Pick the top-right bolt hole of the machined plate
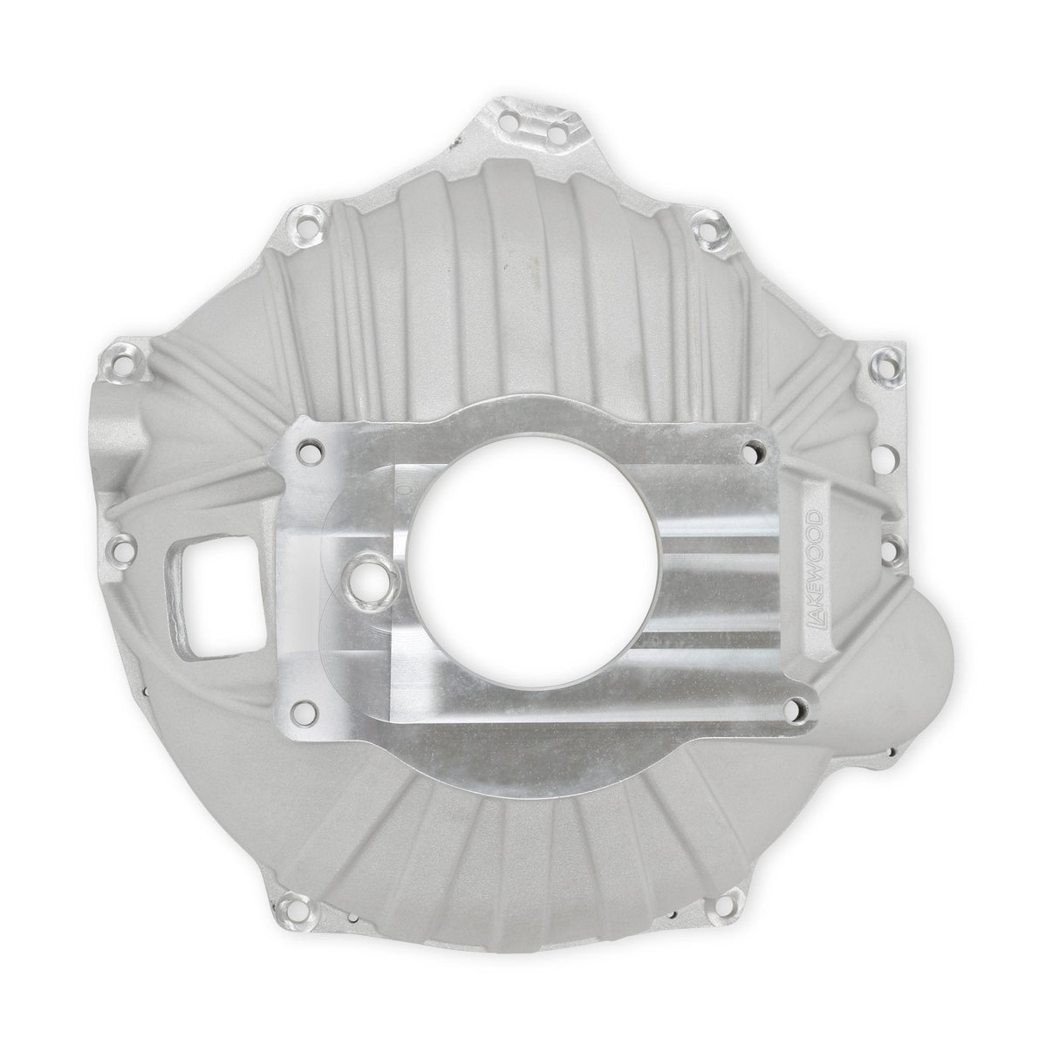tap(754, 452)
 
